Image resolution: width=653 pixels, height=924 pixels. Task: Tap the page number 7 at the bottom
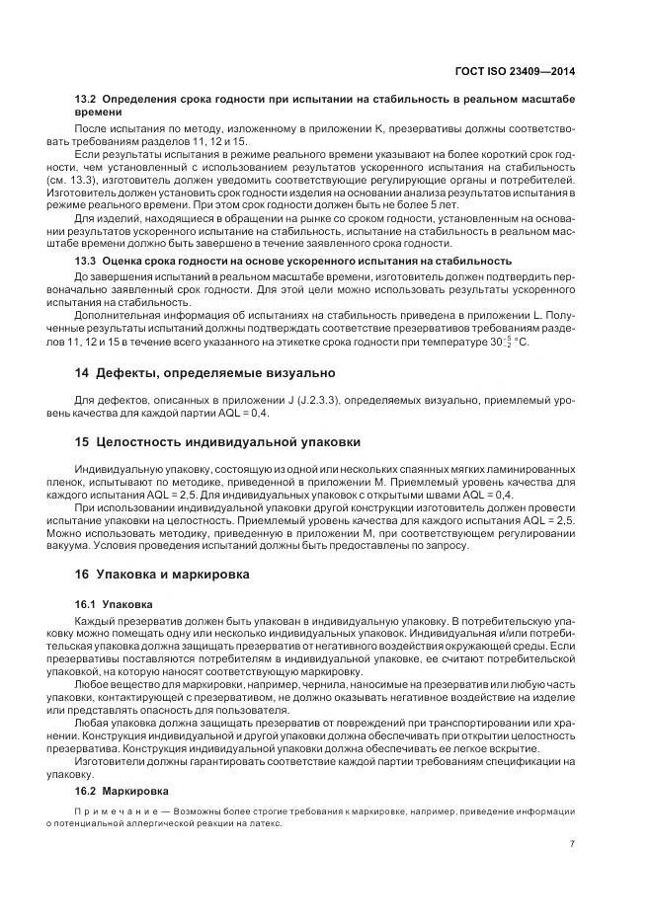tap(573, 844)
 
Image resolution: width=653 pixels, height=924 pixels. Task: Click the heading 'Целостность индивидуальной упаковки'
tap(227, 440)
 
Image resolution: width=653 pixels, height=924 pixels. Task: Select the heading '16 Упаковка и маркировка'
tap(164, 575)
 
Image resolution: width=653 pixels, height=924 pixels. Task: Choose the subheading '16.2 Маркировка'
tap(122, 792)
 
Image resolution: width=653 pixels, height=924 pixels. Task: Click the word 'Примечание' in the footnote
tap(106, 811)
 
